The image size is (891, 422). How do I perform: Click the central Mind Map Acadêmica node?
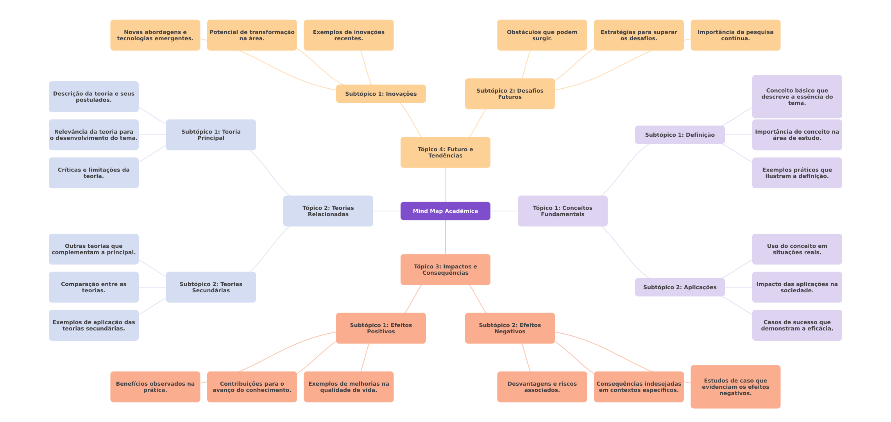[445, 211]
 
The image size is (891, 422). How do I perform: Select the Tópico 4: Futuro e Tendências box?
[445, 152]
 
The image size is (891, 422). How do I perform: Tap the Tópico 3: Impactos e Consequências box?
[445, 270]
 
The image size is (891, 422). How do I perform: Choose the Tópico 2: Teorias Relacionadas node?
[328, 211]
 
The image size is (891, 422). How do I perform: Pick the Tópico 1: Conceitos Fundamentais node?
[562, 211]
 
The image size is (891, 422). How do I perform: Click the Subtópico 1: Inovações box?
[381, 94]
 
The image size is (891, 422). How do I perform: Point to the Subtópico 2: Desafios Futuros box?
[510, 94]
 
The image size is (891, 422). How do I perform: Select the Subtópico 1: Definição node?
[680, 135]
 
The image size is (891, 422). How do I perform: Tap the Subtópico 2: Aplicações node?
[680, 287]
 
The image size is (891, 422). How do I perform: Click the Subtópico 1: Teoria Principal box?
[211, 135]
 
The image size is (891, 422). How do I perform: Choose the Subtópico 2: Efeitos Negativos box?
[510, 328]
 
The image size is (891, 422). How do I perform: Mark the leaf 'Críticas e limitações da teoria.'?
[93, 173]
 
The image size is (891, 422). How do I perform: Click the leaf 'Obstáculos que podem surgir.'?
[542, 35]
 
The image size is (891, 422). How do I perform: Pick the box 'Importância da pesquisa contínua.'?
[735, 35]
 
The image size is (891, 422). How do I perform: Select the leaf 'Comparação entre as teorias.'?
[93, 287]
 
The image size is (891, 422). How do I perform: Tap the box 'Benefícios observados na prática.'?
[155, 387]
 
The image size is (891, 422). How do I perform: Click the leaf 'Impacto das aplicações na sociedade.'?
[797, 287]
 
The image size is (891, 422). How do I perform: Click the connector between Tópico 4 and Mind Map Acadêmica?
[445, 185]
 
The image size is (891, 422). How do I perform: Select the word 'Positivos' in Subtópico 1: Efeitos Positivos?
[381, 332]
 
